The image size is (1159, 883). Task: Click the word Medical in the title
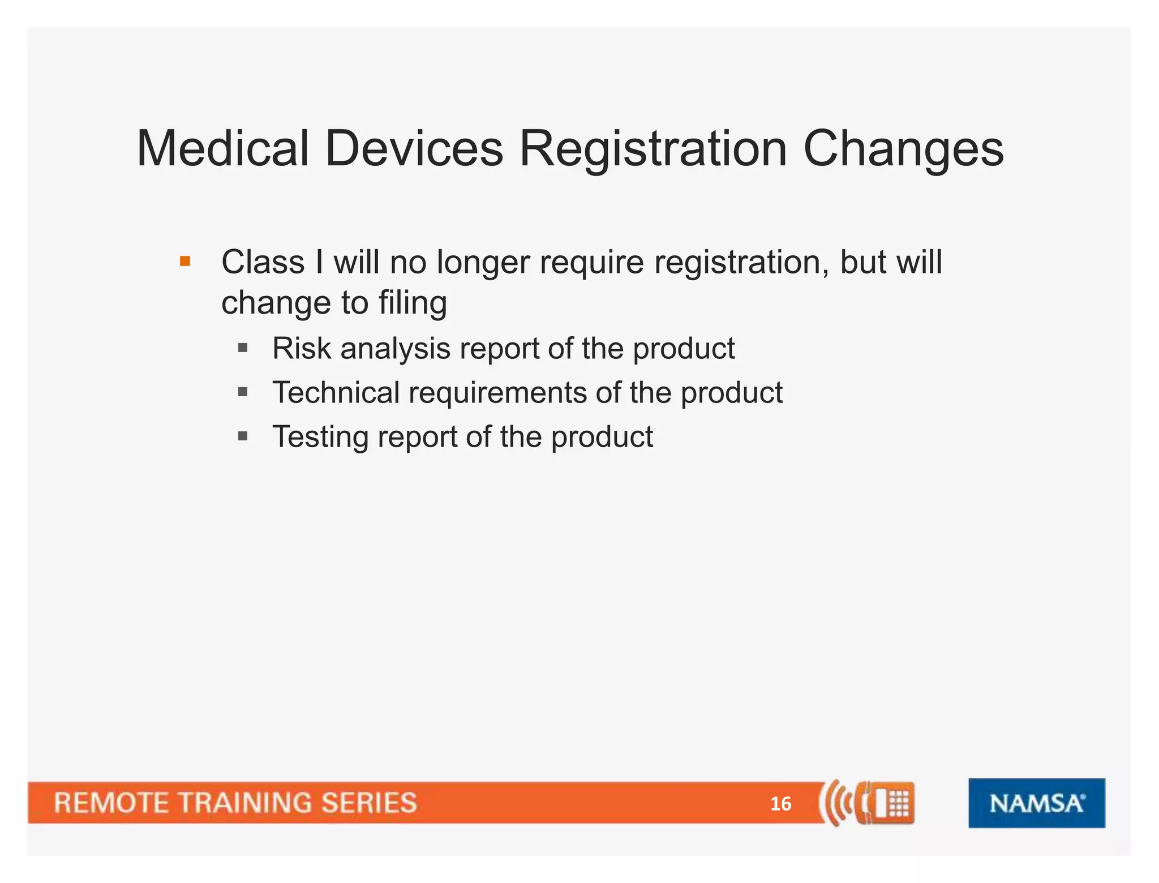[x=222, y=148]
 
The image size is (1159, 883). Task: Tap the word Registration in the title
[x=653, y=148]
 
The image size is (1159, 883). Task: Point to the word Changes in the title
[x=903, y=148]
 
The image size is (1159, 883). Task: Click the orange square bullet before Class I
[x=185, y=262]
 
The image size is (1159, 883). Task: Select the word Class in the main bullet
[x=263, y=263]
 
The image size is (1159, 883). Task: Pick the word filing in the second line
[x=413, y=303]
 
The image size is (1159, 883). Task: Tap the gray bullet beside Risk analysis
[x=243, y=348]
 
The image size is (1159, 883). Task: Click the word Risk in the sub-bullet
[x=301, y=348]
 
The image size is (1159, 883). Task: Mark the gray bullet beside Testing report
[x=243, y=436]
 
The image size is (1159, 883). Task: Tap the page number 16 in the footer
[x=780, y=804]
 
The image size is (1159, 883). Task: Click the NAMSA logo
[x=1036, y=803]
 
